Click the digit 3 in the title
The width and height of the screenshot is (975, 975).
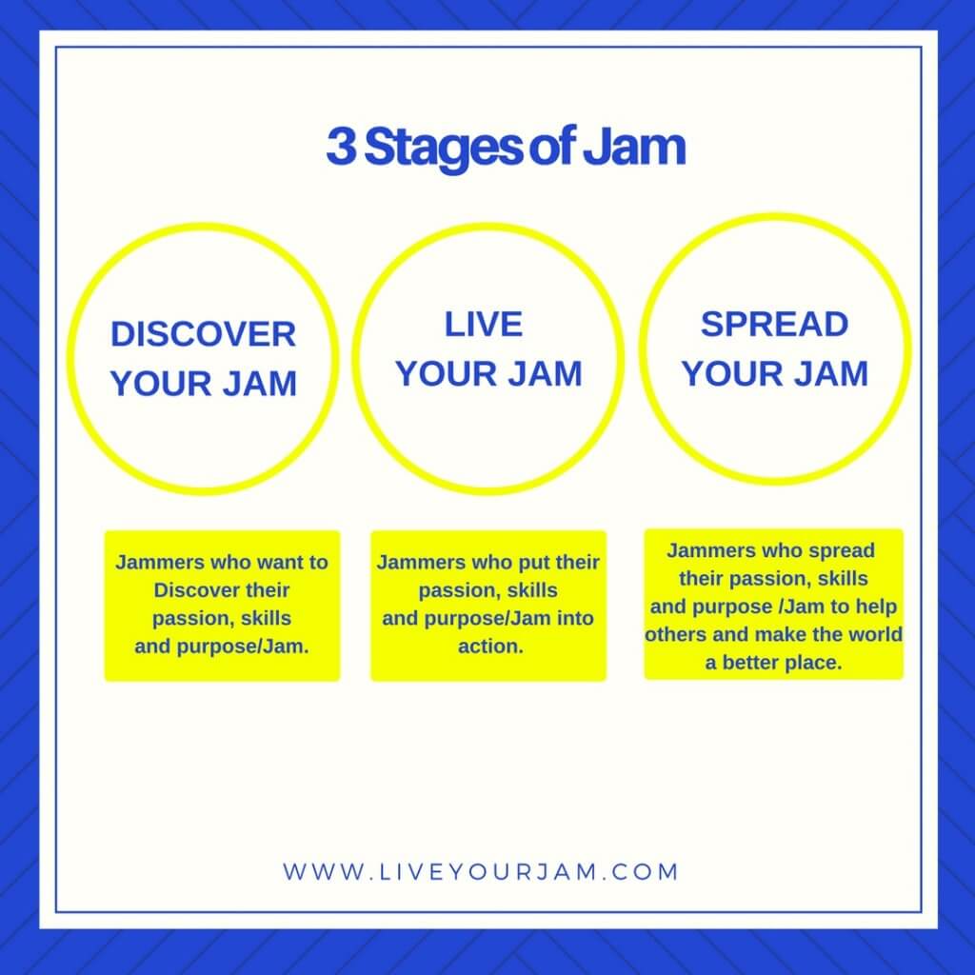point(342,147)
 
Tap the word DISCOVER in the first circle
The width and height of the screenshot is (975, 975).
point(204,334)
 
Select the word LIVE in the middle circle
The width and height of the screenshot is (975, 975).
point(484,325)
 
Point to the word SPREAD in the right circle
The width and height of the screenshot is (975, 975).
point(774,325)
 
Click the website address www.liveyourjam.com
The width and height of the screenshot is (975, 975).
point(480,872)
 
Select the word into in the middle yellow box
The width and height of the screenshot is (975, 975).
point(575,619)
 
